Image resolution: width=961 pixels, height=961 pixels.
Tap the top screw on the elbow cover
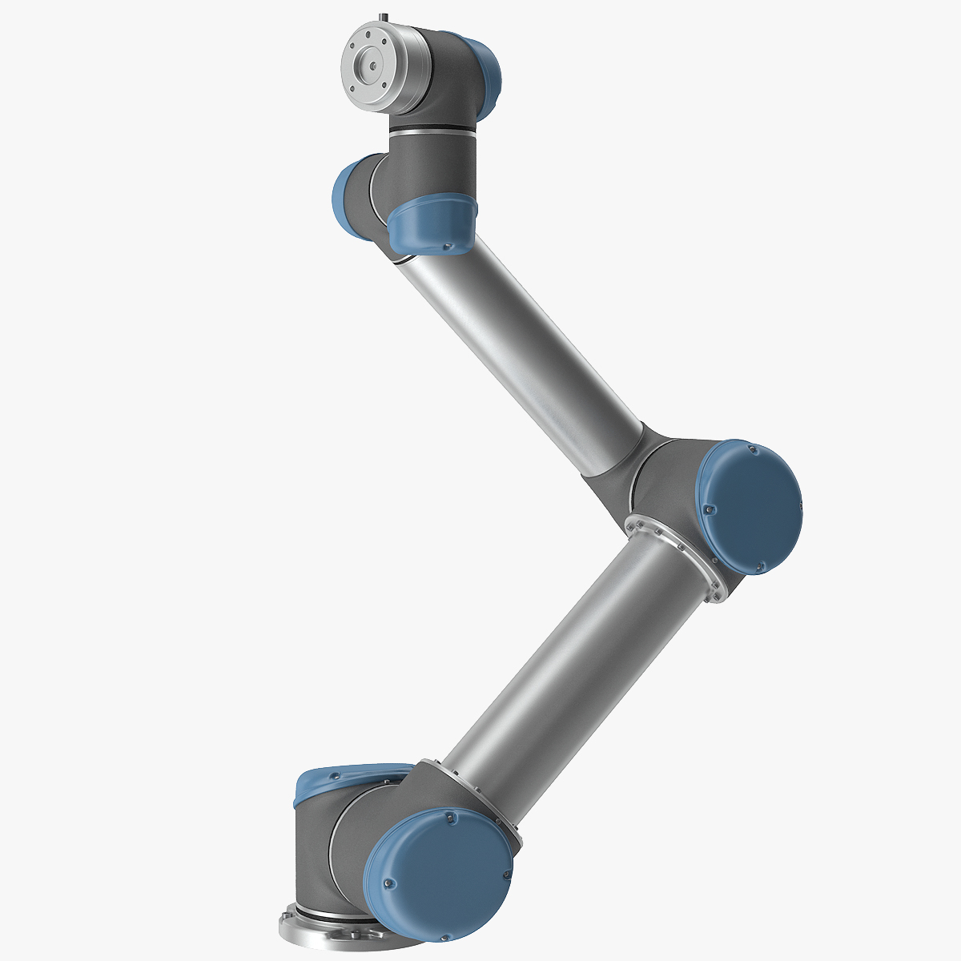pyautogui.click(x=750, y=450)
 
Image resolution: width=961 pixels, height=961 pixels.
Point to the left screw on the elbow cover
pyautogui.click(x=707, y=508)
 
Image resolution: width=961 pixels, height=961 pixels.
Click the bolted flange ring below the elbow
pyautogui.click(x=681, y=553)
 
